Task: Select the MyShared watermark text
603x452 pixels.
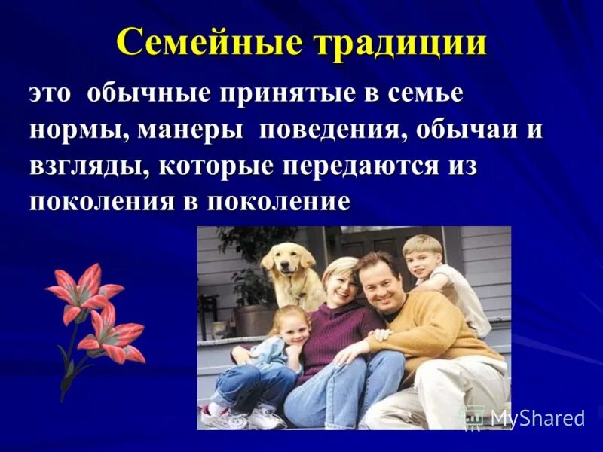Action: (x=537, y=418)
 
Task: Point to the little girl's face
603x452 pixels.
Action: (x=291, y=327)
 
